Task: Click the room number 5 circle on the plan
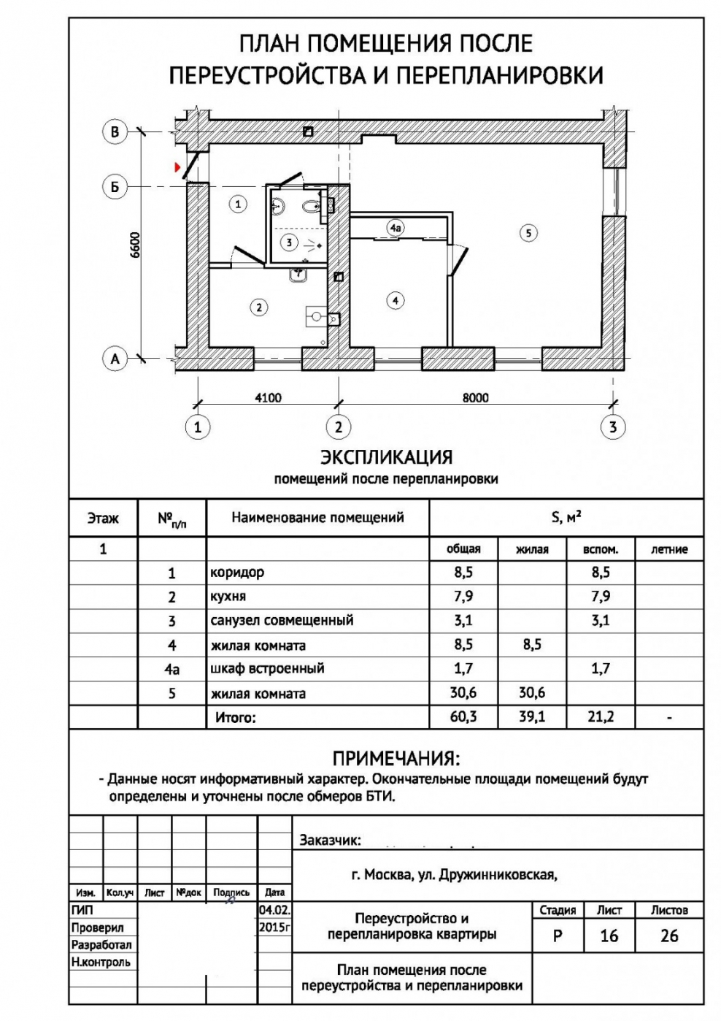[x=528, y=233]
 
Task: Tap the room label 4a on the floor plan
[x=395, y=228]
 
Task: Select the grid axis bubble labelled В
[x=115, y=132]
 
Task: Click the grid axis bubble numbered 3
[x=613, y=427]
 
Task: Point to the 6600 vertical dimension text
[x=135, y=245]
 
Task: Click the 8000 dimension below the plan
[x=476, y=397]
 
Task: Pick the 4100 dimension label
[x=268, y=397]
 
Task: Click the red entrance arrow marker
[x=177, y=167]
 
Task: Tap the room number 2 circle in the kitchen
[x=259, y=307]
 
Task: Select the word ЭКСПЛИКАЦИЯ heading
[x=387, y=457]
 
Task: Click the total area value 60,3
[x=463, y=716]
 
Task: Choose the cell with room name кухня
[x=228, y=597]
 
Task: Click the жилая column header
[x=532, y=549]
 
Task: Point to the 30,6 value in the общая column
[x=463, y=692]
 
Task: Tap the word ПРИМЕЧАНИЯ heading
[x=396, y=758]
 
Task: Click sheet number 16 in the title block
[x=609, y=936]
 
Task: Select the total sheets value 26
[x=669, y=936]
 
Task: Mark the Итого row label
[x=235, y=717]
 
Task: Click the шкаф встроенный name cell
[x=267, y=668]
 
